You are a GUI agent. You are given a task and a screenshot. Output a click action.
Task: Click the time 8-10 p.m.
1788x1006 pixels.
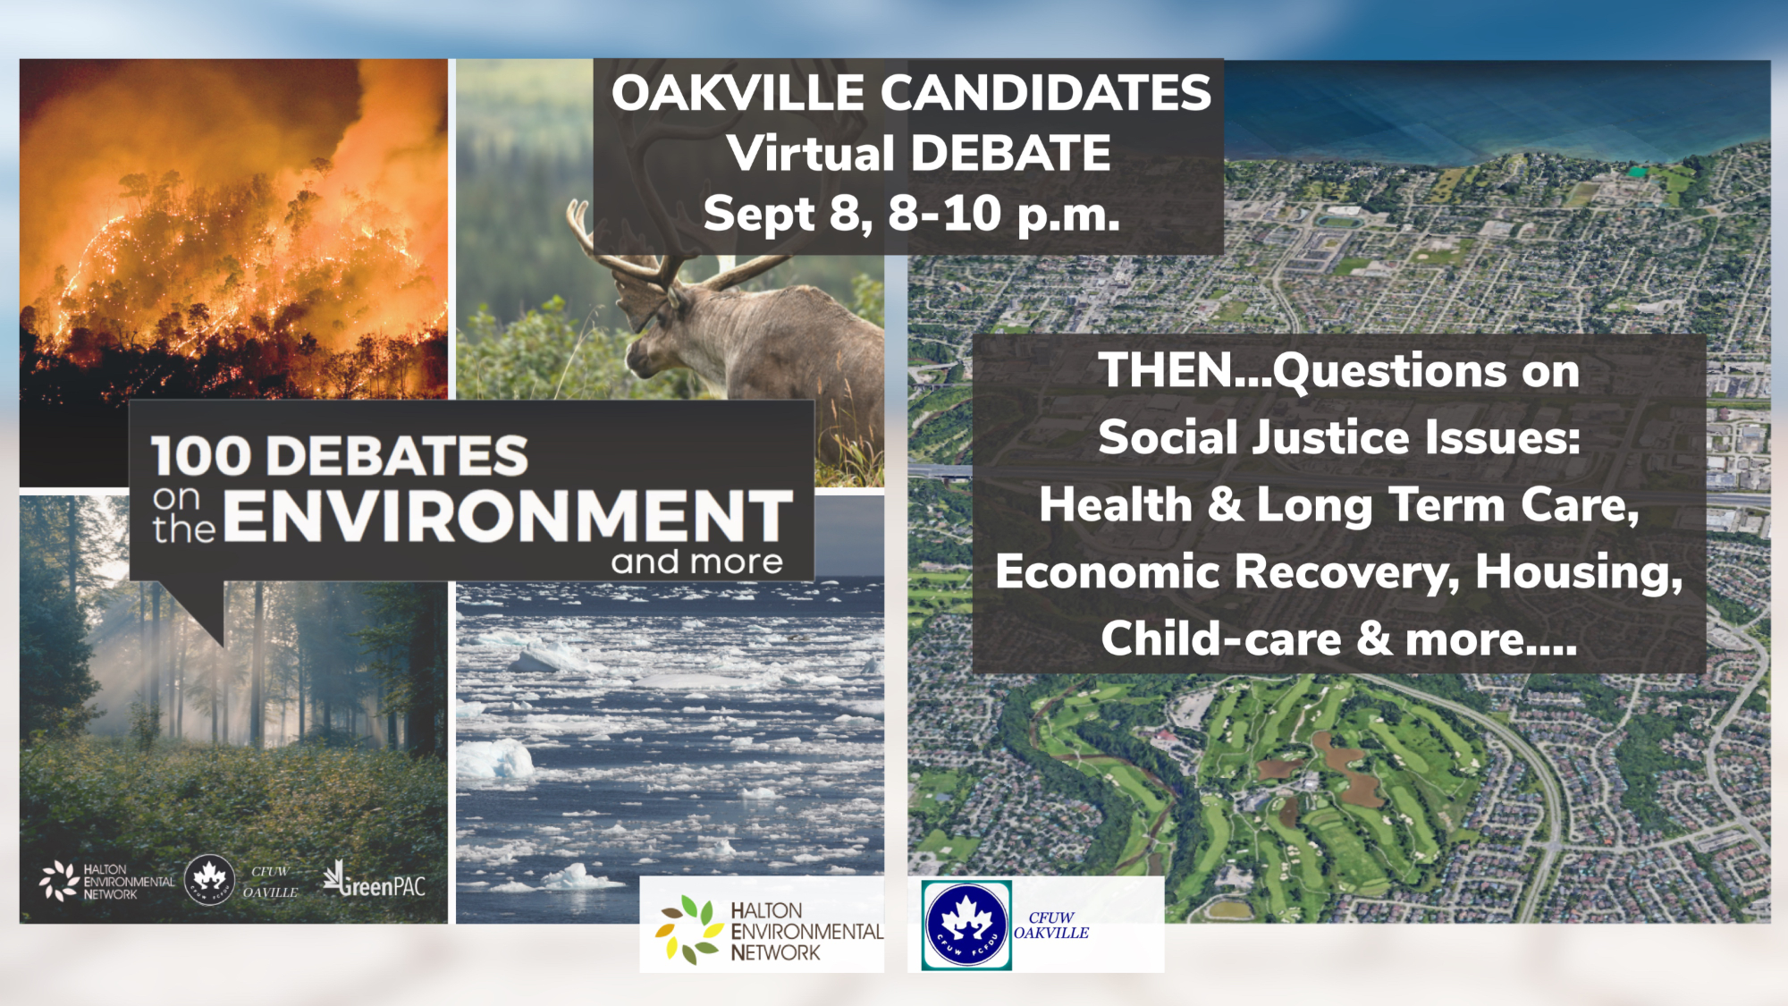(1003, 215)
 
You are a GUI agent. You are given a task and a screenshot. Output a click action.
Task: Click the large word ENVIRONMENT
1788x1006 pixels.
(508, 517)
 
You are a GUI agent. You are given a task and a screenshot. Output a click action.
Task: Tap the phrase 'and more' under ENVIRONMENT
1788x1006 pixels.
(696, 562)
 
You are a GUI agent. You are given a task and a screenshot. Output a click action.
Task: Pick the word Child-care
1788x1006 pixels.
(1220, 639)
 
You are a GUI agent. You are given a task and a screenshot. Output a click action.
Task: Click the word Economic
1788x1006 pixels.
(1107, 572)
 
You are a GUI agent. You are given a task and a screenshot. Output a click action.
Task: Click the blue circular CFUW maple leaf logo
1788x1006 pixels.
(966, 925)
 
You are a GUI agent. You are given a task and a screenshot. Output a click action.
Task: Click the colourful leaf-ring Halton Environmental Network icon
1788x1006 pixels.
(688, 930)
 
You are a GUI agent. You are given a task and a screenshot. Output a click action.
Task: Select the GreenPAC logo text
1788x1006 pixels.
(375, 883)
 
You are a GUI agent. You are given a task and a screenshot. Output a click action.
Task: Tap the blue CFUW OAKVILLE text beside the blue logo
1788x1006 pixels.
(1051, 926)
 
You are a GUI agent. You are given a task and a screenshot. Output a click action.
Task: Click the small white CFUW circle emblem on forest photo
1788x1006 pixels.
(209, 879)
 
